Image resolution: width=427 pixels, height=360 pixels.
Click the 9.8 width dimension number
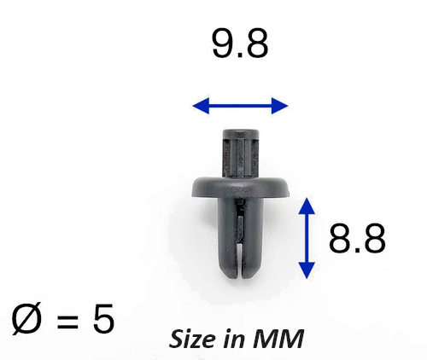click(240, 44)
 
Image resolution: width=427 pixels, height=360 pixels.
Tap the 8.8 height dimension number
click(357, 238)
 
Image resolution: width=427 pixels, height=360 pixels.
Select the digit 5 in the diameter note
click(103, 318)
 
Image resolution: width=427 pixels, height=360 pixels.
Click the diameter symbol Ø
click(26, 318)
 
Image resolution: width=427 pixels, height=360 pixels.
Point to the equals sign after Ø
click(67, 321)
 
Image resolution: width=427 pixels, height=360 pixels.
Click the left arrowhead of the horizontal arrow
click(201, 106)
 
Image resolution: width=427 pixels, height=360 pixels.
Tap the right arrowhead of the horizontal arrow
click(279, 106)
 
